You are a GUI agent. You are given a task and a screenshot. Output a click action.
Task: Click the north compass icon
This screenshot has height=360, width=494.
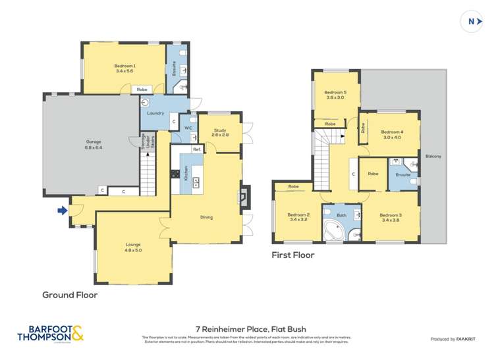[x=472, y=21]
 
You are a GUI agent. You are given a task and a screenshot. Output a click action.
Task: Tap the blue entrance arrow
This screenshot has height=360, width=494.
[x=62, y=211]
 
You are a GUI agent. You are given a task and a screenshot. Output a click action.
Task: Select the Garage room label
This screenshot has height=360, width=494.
[x=93, y=143]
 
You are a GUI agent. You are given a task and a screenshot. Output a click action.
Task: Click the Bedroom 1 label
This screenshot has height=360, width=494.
[x=124, y=68]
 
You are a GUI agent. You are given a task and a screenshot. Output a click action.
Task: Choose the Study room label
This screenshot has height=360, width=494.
[x=219, y=131]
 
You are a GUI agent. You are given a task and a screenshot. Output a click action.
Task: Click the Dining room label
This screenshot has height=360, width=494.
[x=206, y=217]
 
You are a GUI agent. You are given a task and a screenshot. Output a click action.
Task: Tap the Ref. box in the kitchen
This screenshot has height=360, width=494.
[x=197, y=149]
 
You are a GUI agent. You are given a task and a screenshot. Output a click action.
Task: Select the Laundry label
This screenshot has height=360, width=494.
[x=155, y=113]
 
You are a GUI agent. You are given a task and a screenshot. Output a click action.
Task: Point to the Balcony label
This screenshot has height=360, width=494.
[x=433, y=156]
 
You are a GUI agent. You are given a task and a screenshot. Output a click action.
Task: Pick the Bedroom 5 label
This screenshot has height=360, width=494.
[x=335, y=95]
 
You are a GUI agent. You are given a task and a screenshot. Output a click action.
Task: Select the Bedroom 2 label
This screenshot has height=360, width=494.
[x=298, y=217]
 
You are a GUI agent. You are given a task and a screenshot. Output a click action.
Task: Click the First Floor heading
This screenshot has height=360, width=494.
[x=293, y=255]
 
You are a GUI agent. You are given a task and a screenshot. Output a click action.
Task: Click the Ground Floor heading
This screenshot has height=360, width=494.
[x=70, y=295]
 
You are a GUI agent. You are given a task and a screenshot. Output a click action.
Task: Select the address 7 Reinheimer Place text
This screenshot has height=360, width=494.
[x=246, y=328]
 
